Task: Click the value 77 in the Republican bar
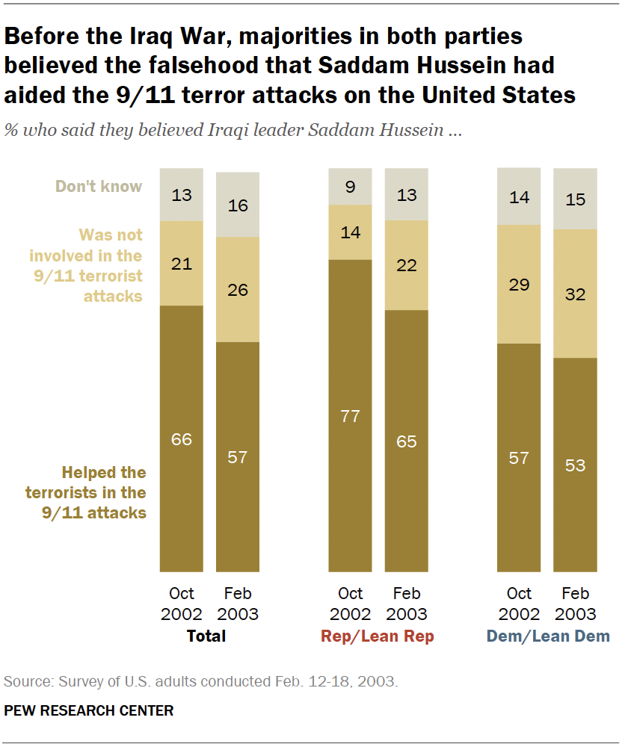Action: [351, 416]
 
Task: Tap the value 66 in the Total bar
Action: [182, 439]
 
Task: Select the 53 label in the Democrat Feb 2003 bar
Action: [575, 466]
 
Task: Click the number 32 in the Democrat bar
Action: [575, 294]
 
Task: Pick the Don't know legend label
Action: [99, 186]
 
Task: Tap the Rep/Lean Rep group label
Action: [378, 636]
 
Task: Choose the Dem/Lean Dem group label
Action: [547, 636]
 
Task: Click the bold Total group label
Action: [206, 636]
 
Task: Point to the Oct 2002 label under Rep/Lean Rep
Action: [350, 604]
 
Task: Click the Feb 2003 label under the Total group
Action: [238, 604]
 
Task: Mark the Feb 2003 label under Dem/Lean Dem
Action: [575, 604]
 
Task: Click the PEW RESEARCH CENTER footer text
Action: [89, 710]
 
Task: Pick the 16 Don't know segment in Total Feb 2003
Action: [238, 205]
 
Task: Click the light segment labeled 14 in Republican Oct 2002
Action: [351, 232]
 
